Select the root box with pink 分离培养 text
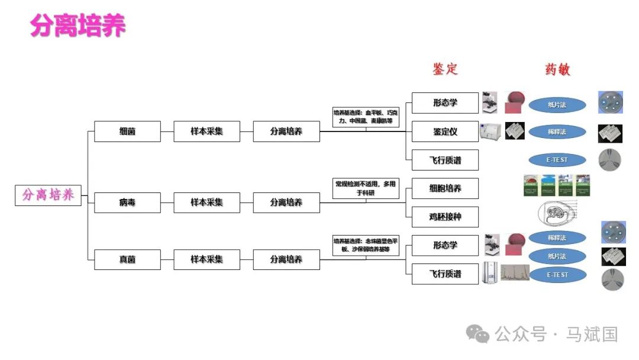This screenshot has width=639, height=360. point(48,195)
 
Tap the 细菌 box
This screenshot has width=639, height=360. point(127,131)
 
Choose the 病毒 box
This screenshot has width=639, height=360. point(127,202)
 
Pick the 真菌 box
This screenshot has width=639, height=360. point(127,259)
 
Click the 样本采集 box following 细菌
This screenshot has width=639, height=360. point(206,131)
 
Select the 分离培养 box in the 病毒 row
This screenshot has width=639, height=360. point(286,202)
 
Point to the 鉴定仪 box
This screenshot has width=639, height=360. point(445,131)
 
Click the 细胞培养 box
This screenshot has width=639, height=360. point(445,188)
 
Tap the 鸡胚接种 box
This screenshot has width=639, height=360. point(445,217)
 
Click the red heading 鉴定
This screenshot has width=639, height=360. point(445,69)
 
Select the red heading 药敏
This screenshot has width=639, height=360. point(557,69)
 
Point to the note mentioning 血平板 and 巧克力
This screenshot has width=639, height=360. point(366,117)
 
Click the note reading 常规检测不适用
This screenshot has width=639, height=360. point(366,188)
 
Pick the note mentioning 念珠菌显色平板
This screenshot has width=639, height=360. point(366,245)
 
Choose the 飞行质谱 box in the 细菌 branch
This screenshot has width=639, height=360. point(445,160)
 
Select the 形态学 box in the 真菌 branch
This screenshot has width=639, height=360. point(445,245)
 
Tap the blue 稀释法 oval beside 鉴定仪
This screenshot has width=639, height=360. point(557,131)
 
